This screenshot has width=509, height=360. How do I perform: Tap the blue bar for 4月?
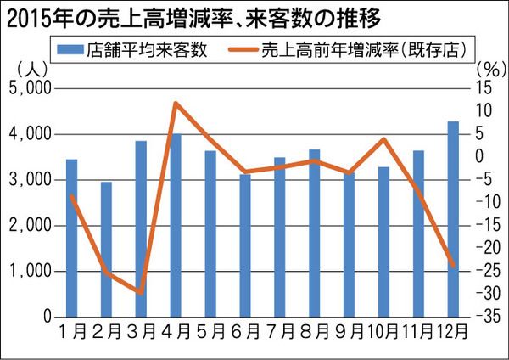[x=176, y=225]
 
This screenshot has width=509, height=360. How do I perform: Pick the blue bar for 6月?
[x=245, y=245]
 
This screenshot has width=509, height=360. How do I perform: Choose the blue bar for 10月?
[x=383, y=242]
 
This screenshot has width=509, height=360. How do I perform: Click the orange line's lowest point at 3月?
[x=141, y=293]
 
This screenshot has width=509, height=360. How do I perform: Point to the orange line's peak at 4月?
[x=175, y=104]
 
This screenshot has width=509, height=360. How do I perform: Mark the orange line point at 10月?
[x=383, y=139]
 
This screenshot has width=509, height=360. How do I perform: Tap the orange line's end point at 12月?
[x=453, y=267]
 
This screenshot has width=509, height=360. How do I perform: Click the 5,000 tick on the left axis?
[x=30, y=89]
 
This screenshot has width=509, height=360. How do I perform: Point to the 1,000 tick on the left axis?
[x=30, y=272]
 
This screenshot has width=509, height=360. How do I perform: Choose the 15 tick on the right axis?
[x=485, y=89]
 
